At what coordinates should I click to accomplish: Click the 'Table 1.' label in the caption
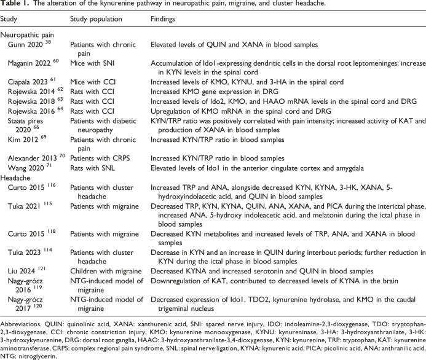coord(14,6)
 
